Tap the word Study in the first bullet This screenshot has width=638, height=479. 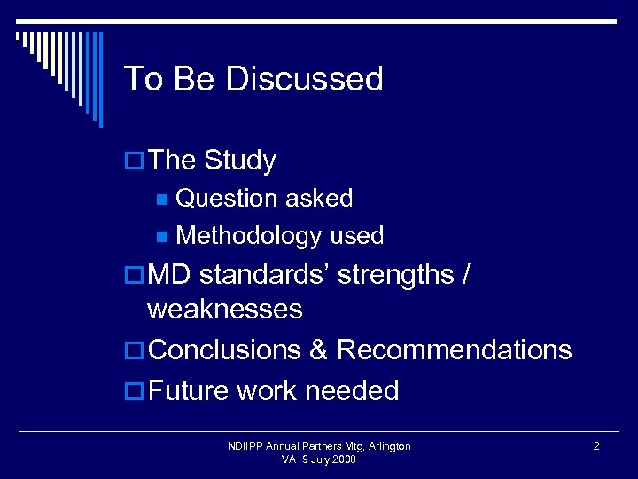pos(240,161)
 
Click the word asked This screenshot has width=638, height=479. pos(322,199)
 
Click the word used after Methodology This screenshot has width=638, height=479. pos(357,236)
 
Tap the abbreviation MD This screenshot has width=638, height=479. pos(170,275)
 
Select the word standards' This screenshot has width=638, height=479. pos(265,275)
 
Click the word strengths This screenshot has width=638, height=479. pos(396,275)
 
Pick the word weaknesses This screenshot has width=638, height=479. pos(225,310)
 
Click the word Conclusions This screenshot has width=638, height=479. pos(226,349)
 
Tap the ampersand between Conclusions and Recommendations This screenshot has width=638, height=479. pos(319,349)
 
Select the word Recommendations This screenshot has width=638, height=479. pos(454,349)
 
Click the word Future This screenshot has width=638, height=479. pos(190,390)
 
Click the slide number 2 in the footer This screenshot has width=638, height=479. pos(596,446)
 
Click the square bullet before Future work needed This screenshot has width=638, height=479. pos(135,391)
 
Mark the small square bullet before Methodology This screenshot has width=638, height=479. pos(161,237)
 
